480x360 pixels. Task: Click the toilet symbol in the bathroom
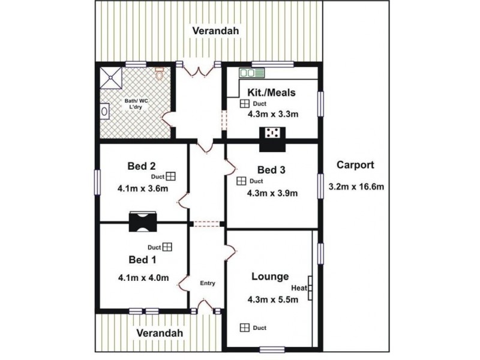coord(159,73)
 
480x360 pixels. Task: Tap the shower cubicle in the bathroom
coord(111,78)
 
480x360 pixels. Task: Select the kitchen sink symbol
coord(251,73)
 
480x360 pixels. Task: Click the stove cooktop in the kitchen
coord(272,133)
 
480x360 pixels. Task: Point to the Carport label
coord(355,164)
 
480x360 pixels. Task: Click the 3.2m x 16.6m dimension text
coord(356,187)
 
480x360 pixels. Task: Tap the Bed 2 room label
coord(142,166)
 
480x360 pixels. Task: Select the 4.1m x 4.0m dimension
coord(143,278)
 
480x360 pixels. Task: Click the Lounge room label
coord(270,277)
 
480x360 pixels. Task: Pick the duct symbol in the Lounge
coord(245,328)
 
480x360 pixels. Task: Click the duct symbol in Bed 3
coord(241,181)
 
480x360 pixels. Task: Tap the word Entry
coord(208,283)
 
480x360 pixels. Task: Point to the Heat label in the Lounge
coord(299,288)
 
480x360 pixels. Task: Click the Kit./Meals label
coord(271,92)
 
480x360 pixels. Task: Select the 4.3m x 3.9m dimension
coord(272,193)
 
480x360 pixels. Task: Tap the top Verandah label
coord(215,31)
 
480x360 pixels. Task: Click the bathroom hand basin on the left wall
coord(104,111)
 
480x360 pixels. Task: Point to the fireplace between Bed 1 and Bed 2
coord(143,221)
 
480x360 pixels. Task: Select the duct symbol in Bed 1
coord(167,247)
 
